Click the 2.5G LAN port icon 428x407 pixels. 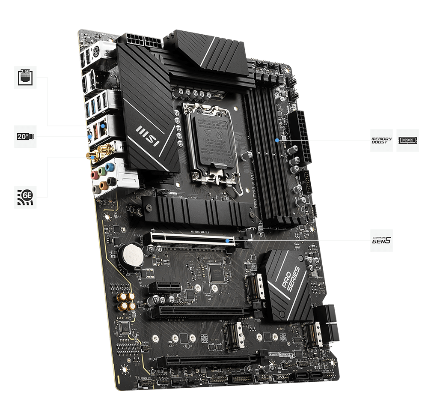point(26,77)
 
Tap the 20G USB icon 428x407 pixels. point(26,137)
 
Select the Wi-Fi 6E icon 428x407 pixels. point(26,197)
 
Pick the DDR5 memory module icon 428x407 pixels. point(407,140)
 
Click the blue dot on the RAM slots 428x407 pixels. point(277,140)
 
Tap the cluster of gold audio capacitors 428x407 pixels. point(125,301)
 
